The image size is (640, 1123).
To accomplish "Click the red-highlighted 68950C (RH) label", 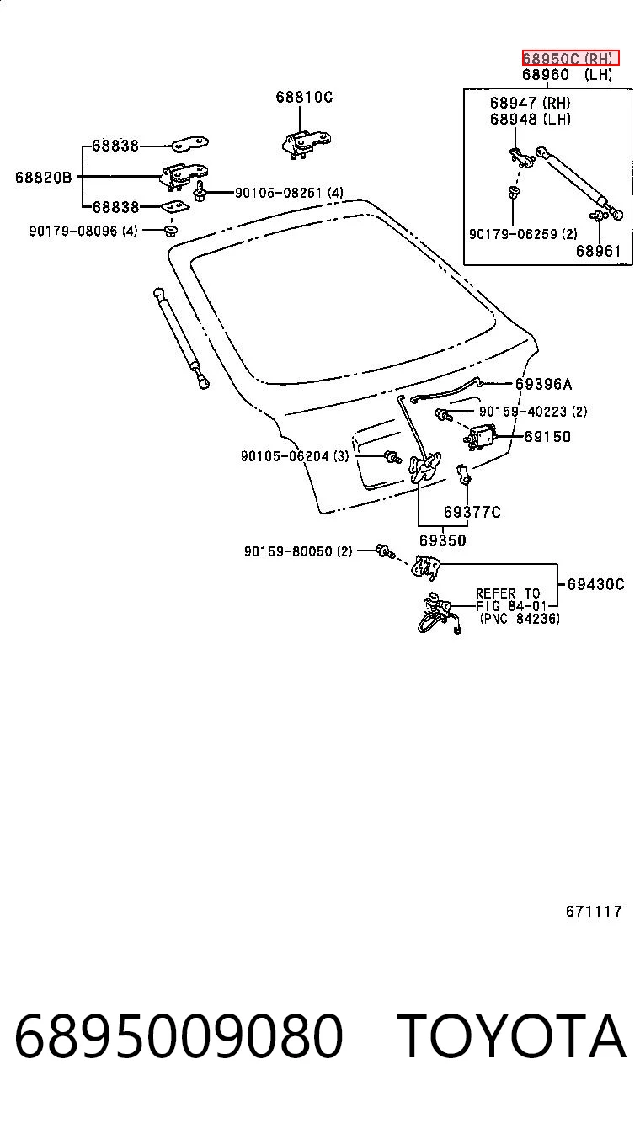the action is (x=570, y=58).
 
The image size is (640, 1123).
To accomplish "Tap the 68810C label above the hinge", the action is (x=304, y=97).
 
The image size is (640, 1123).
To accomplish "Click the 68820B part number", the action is (x=44, y=177).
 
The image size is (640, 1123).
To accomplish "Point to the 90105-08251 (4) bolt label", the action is (x=289, y=193).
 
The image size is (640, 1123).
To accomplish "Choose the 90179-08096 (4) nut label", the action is (x=83, y=232).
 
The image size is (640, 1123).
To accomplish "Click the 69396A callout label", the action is (x=544, y=384).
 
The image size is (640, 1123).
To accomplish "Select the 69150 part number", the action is (x=547, y=437).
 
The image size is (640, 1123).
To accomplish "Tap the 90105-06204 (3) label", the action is (x=295, y=456).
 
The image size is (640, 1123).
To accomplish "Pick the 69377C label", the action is (x=472, y=512).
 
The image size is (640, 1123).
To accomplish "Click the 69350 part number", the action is (x=443, y=540).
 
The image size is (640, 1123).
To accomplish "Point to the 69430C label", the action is (x=596, y=584).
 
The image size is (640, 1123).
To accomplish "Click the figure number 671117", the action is (x=594, y=911).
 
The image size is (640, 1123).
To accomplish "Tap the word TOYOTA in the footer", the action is (x=511, y=1035).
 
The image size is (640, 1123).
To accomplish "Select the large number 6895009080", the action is (x=179, y=1036).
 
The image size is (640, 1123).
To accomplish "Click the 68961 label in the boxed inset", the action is (x=599, y=251).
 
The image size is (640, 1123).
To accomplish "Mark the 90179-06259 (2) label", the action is (x=523, y=234).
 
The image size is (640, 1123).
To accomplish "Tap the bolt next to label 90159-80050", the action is (x=385, y=551).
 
